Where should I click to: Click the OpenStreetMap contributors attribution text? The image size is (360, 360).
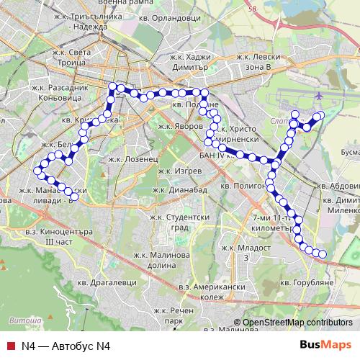click(x=297, y=323)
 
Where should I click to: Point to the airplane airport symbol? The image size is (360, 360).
click(x=318, y=94)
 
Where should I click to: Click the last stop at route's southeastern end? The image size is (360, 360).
click(x=323, y=253)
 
